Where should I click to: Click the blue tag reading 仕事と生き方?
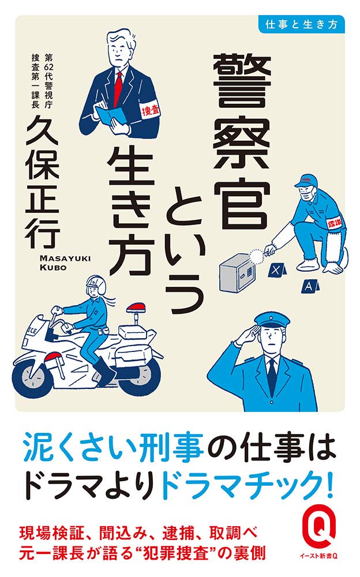coord(302,24)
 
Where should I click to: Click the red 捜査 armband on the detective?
coord(150,110)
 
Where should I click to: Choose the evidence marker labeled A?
coord(310,285)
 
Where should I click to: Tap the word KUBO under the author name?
coord(53,268)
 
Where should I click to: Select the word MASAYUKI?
coord(65,258)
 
